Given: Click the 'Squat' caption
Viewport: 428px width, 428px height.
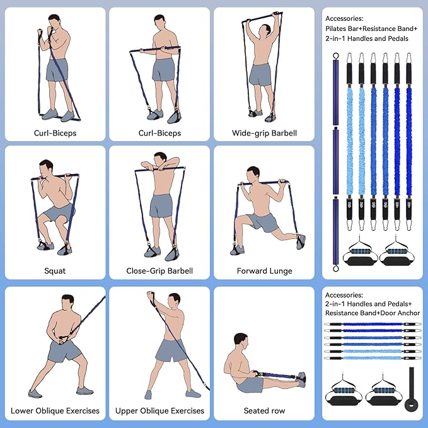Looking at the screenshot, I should click(x=55, y=271).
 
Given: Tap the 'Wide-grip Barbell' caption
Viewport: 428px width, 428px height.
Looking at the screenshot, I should click(x=264, y=133).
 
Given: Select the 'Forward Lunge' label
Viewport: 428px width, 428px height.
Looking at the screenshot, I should click(x=264, y=271).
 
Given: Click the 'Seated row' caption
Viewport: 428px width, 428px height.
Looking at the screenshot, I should click(x=264, y=410).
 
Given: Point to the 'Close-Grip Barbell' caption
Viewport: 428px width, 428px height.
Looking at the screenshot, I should click(x=159, y=271).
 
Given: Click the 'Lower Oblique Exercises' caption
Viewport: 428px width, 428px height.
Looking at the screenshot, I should click(x=55, y=410).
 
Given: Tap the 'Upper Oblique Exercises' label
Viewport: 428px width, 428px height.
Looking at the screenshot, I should click(x=159, y=410).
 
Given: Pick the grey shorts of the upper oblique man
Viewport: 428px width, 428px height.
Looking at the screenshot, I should click(x=169, y=350).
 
